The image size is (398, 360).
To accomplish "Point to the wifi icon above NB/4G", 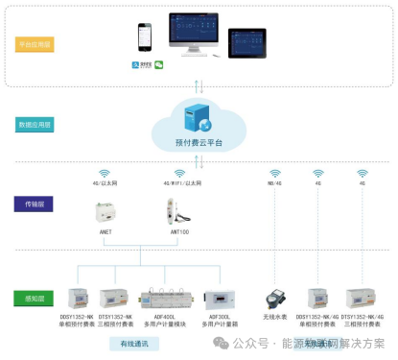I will point(274,173).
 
